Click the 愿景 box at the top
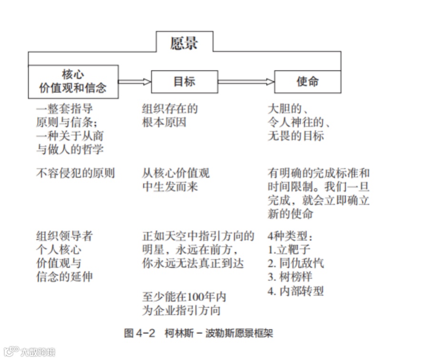click(184, 43)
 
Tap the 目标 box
click(184, 82)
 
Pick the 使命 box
click(307, 82)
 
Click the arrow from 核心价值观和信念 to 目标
click(135, 82)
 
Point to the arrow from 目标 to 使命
click(246, 82)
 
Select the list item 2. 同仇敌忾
click(295, 263)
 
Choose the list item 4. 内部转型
click(295, 291)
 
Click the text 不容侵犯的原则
click(76, 173)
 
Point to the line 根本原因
click(164, 122)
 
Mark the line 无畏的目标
click(296, 136)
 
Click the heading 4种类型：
click(291, 236)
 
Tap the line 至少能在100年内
click(184, 298)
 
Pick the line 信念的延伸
click(65, 277)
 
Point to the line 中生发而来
click(170, 187)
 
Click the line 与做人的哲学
click(70, 149)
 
